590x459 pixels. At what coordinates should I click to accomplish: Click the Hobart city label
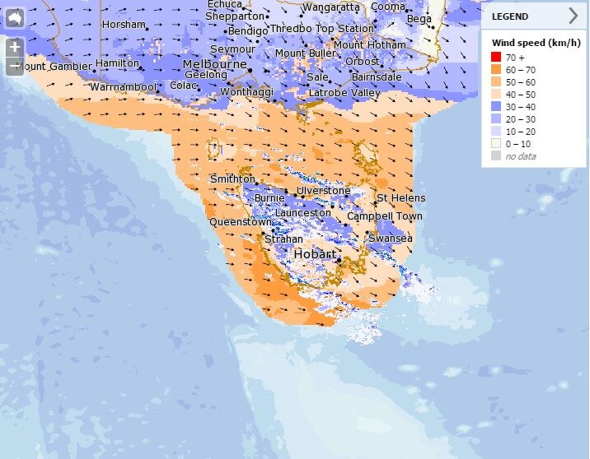click(x=314, y=254)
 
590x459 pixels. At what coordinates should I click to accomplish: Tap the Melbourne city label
click(x=214, y=64)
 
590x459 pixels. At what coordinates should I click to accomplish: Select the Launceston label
click(x=302, y=212)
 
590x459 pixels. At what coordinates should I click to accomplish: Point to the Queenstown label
click(x=240, y=222)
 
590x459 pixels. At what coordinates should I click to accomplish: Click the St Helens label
click(x=401, y=198)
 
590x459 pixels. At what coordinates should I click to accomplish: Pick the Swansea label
click(x=390, y=239)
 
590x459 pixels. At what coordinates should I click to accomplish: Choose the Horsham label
click(x=124, y=25)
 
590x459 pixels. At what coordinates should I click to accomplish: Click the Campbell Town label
click(x=384, y=216)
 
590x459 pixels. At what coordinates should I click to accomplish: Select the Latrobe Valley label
click(x=344, y=93)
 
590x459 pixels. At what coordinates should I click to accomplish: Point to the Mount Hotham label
click(x=369, y=44)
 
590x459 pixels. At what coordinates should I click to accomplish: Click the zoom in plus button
click(x=14, y=47)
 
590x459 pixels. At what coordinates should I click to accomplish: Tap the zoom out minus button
click(x=14, y=66)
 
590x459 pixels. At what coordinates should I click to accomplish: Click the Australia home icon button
click(x=14, y=17)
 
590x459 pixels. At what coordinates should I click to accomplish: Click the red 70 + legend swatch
click(x=497, y=57)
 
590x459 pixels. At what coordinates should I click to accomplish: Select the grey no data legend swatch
click(x=497, y=155)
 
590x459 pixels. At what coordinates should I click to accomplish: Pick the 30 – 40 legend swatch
click(x=497, y=106)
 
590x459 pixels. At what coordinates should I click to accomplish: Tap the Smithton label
click(x=232, y=178)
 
